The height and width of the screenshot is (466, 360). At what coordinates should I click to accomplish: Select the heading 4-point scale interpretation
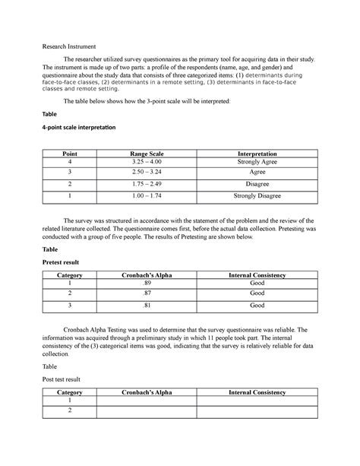point(73,128)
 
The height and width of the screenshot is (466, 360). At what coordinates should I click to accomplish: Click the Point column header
point(69,154)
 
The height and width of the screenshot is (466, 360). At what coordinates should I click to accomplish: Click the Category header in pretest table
point(69,273)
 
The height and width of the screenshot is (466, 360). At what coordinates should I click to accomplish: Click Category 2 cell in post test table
point(69,411)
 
